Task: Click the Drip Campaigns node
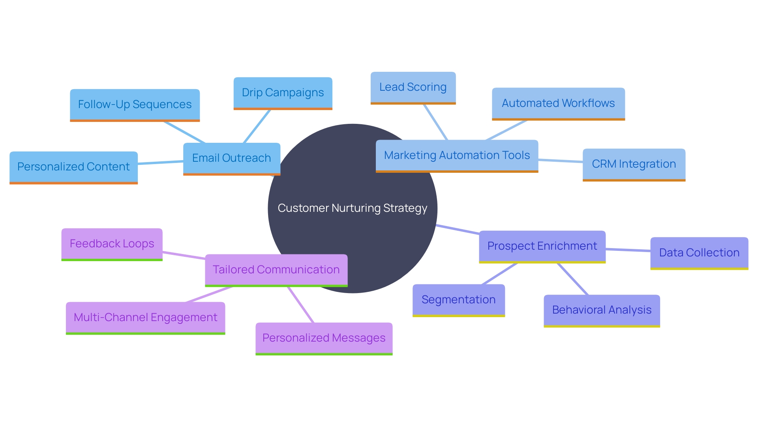(283, 93)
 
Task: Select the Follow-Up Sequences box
(135, 105)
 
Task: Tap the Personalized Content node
(73, 167)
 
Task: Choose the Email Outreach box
(231, 158)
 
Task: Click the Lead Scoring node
(413, 87)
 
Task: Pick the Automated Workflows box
(558, 103)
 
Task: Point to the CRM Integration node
(634, 164)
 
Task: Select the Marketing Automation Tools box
(457, 155)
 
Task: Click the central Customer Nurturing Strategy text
(352, 208)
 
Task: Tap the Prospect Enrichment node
(542, 246)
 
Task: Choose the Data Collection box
(699, 253)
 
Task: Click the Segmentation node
(458, 300)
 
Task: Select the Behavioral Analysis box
(602, 310)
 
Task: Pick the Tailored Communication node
(276, 270)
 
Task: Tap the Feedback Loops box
(112, 244)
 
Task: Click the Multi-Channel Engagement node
(145, 318)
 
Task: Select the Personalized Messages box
(324, 338)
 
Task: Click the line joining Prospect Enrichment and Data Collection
(628, 250)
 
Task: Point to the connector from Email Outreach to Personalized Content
(160, 163)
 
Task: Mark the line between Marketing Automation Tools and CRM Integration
(560, 161)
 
